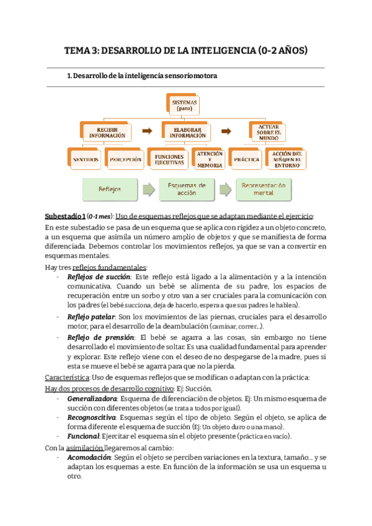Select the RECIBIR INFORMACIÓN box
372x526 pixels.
pos(107,131)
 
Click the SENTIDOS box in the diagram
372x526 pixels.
pos(84,159)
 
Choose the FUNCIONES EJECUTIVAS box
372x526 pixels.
pos(169,159)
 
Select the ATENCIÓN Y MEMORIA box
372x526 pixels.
pos(208,159)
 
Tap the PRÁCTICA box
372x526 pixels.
pos(246,159)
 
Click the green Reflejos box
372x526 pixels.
pos(109,189)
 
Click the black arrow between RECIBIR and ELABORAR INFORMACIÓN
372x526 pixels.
pos(146,131)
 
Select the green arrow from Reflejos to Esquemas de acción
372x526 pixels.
pos(147,189)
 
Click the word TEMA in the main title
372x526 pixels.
pos(79,51)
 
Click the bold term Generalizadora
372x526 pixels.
pos(94,398)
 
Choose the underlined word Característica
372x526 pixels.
pos(67,378)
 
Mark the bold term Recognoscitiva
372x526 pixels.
pos(92,418)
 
